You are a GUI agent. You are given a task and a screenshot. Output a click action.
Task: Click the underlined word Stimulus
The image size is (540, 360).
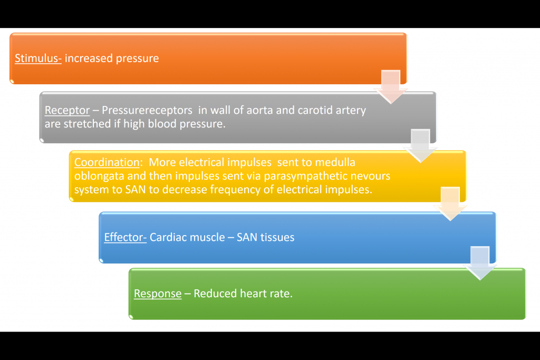point(38,58)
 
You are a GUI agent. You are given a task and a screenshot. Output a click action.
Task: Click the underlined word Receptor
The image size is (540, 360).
point(67,111)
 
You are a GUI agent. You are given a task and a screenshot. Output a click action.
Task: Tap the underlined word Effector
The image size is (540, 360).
point(125,237)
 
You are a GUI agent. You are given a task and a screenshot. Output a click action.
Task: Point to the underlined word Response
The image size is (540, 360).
point(158,294)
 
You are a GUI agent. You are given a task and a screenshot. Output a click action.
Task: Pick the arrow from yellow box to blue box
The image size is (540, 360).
point(450,208)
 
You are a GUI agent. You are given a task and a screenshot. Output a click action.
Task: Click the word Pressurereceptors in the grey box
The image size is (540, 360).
point(147,111)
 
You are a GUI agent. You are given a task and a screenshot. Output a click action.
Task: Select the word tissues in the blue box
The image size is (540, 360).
point(276,237)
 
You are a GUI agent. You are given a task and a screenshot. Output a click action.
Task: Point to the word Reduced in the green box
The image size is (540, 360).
point(214,294)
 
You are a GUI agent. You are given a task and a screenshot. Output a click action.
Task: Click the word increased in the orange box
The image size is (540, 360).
point(86,58)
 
